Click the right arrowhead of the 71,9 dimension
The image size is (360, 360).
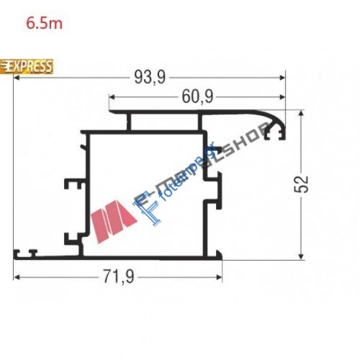click(x=219, y=277)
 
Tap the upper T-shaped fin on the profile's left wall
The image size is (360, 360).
click(x=72, y=185)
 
